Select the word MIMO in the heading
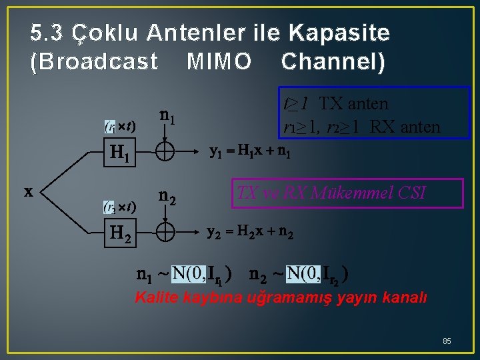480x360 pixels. click(x=219, y=62)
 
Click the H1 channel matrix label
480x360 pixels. click(x=121, y=155)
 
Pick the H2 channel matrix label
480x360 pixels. click(x=121, y=233)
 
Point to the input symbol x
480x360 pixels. click(x=29, y=191)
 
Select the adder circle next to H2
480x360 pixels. click(x=165, y=233)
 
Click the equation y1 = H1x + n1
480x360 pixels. click(x=250, y=152)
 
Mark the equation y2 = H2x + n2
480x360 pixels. click(x=250, y=233)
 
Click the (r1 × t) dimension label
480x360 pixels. click(x=120, y=126)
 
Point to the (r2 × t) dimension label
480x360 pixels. click(x=120, y=207)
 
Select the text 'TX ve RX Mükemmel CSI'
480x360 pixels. click(x=331, y=194)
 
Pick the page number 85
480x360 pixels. click(x=447, y=341)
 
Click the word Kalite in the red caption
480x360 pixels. click(x=155, y=298)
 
